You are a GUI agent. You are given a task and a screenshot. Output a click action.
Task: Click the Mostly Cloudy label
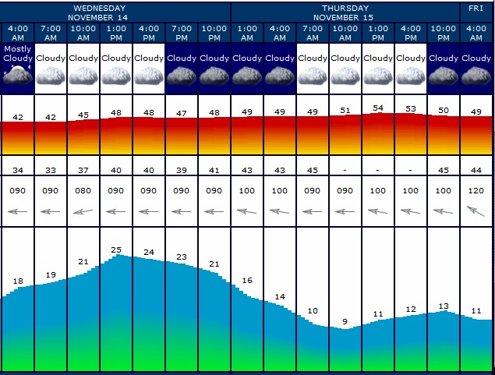pyautogui.click(x=17, y=53)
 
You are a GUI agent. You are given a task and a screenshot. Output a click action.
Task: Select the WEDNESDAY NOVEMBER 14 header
pyautogui.click(x=100, y=12)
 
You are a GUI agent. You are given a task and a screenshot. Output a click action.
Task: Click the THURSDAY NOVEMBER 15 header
pyautogui.click(x=347, y=12)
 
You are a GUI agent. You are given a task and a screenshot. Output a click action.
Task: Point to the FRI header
pyautogui.click(x=476, y=9)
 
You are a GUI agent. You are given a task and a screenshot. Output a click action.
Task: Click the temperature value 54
pyautogui.click(x=378, y=108)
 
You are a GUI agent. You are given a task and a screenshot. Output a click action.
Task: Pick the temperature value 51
pyautogui.click(x=345, y=111)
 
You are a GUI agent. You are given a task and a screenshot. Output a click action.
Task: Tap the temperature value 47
pyautogui.click(x=182, y=113)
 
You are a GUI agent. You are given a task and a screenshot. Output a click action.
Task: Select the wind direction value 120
pyautogui.click(x=476, y=190)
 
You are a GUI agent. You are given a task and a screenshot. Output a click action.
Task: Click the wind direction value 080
pyautogui.click(x=83, y=190)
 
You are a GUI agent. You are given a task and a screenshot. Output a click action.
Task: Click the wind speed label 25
pyautogui.click(x=116, y=250)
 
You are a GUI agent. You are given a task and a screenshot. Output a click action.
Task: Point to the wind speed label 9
pyautogui.click(x=345, y=321)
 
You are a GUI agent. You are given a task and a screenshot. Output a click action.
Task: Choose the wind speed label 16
pyautogui.click(x=247, y=280)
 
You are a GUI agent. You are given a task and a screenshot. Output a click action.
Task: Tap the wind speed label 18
pyautogui.click(x=18, y=281)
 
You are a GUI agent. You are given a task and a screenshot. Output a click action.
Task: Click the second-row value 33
pyautogui.click(x=51, y=170)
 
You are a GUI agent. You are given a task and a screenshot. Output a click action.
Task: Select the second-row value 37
pyautogui.click(x=83, y=170)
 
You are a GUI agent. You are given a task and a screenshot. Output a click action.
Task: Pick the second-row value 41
pyautogui.click(x=214, y=170)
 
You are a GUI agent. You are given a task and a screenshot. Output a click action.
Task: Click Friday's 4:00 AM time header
pyautogui.click(x=476, y=34)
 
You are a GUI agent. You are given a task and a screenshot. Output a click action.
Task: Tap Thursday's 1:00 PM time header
pyautogui.click(x=378, y=34)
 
